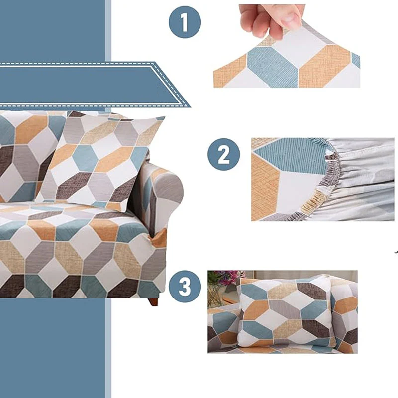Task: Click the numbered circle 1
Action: point(185,22)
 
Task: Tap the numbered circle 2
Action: point(223,154)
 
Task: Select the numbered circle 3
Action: point(185,287)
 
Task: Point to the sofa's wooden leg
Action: point(153,301)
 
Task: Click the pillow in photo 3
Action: point(286,313)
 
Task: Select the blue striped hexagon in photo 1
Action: point(273,67)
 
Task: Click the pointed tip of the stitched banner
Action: point(190,107)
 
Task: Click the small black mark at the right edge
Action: point(396,252)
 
